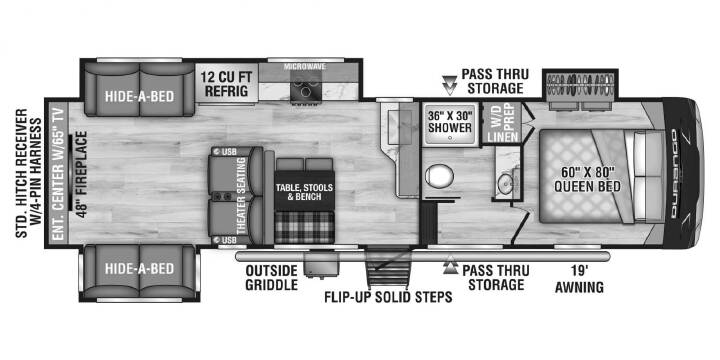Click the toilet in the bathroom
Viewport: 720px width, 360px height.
click(439, 176)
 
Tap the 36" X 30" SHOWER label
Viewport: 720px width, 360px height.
click(450, 121)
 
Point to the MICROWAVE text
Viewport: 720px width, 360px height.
click(304, 67)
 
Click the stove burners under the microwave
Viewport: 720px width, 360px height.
click(304, 86)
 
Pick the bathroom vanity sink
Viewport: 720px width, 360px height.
click(506, 184)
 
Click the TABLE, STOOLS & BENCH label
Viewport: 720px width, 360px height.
click(304, 192)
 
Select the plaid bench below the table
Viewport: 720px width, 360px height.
click(304, 227)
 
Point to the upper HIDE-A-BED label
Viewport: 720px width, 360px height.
click(140, 96)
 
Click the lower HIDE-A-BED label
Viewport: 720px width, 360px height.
click(140, 268)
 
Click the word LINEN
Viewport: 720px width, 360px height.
click(503, 136)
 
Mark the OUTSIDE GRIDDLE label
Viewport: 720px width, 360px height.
click(271, 277)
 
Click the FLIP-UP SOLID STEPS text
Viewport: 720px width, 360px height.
click(388, 297)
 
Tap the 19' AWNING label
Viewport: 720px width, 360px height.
click(579, 280)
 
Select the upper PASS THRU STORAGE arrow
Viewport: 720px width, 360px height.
click(450, 86)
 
